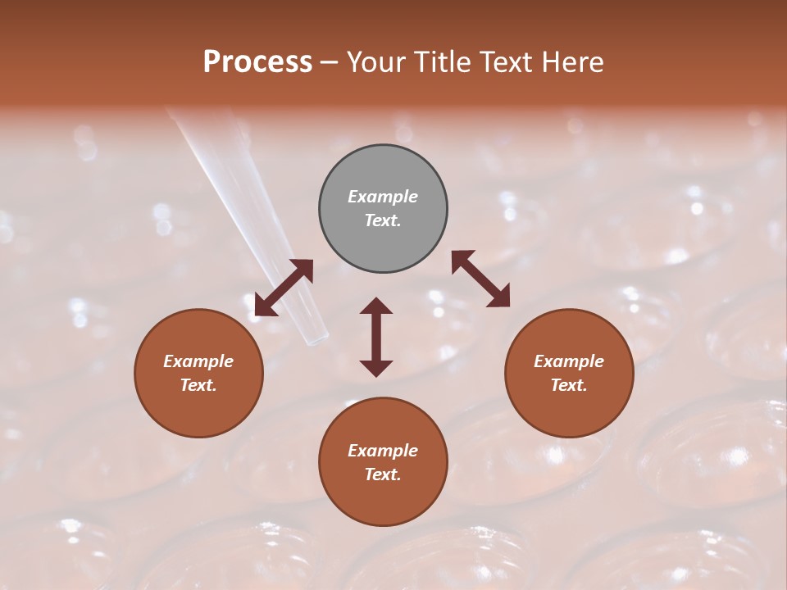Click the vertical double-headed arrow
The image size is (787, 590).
coord(376,337)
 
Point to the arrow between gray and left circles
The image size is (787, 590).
coord(284,287)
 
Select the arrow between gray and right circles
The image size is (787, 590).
coord(480,279)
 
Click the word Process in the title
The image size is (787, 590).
coord(257,62)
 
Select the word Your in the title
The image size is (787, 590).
coord(375,62)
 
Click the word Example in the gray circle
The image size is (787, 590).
coord(383,197)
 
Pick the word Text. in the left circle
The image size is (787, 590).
coord(198,385)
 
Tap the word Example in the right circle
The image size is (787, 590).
coord(569,361)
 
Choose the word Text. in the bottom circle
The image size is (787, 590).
coord(383,474)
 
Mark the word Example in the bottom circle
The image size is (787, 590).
coord(383,451)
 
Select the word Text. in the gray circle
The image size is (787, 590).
coord(383,220)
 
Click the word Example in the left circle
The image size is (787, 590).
coord(198,361)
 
